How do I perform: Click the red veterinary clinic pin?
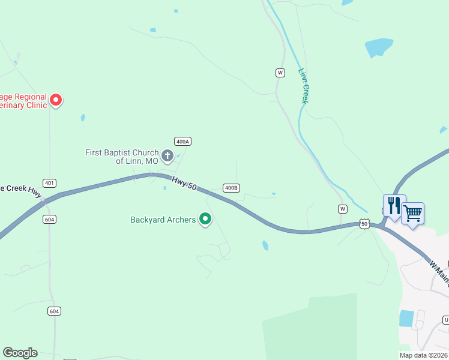(56, 100)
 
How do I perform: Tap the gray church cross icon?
(167, 157)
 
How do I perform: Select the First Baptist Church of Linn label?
(122, 157)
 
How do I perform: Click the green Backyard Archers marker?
(205, 220)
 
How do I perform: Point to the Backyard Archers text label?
(163, 220)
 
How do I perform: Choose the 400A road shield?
(182, 141)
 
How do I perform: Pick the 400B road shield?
(231, 188)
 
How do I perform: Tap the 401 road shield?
(50, 182)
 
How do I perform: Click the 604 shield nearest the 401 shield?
(50, 220)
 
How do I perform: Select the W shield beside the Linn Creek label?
(280, 73)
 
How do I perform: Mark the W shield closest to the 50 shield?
(342, 209)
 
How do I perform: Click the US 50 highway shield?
(364, 224)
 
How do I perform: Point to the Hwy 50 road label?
(184, 184)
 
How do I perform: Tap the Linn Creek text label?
(304, 86)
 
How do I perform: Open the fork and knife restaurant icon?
(394, 205)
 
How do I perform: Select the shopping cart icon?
(412, 213)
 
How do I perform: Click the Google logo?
(20, 353)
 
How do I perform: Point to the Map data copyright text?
(424, 355)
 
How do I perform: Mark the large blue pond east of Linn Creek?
(379, 47)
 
